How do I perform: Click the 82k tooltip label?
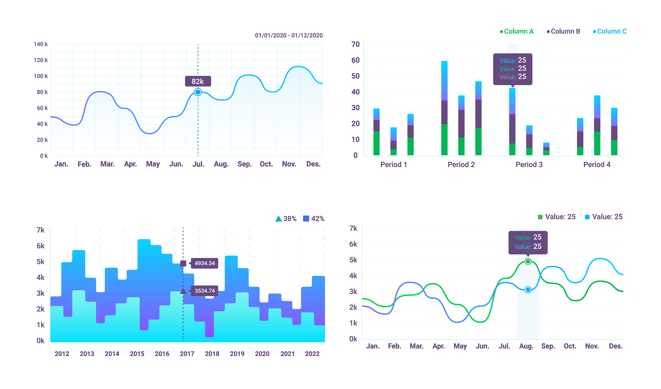[198, 81]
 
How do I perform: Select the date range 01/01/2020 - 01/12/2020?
[289, 36]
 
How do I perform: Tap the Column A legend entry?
[517, 31]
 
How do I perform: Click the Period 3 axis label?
[529, 165]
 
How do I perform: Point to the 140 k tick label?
[41, 44]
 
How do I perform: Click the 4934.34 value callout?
[205, 263]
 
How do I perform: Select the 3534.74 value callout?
[205, 291]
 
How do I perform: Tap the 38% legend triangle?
[279, 219]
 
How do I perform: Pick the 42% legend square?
[306, 219]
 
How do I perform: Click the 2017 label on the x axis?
[187, 354]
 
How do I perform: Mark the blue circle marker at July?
[198, 92]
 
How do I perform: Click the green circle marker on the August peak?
[528, 261]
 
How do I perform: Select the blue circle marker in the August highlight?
[528, 290]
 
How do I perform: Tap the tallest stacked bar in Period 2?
[444, 108]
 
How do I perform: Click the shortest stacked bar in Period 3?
[546, 149]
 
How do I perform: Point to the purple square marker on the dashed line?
[183, 263]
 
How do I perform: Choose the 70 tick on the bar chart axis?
[355, 45]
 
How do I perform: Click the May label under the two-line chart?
[460, 346]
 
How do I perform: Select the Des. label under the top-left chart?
[313, 164]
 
